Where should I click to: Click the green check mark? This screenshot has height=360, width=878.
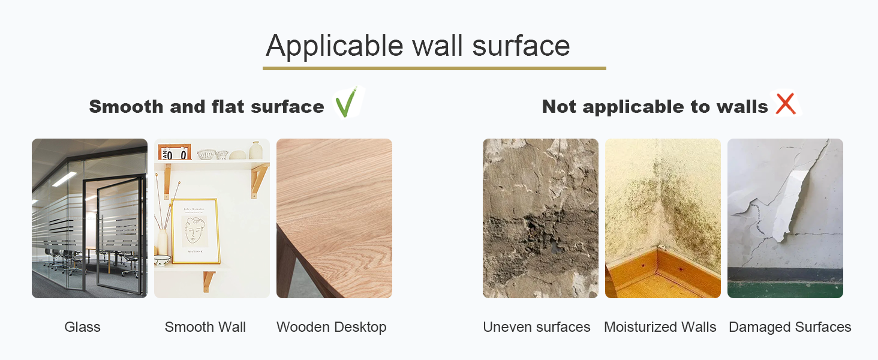pyautogui.click(x=345, y=103)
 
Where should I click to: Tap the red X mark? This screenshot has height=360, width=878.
pyautogui.click(x=786, y=104)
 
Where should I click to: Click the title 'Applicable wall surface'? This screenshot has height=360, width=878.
pyautogui.click(x=417, y=46)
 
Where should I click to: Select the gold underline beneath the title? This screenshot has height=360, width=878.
pyautogui.click(x=434, y=68)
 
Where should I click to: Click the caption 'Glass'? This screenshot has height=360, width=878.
pyautogui.click(x=82, y=327)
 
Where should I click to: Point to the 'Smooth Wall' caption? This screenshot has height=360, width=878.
pyautogui.click(x=205, y=327)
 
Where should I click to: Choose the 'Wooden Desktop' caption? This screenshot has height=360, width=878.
pyautogui.click(x=331, y=327)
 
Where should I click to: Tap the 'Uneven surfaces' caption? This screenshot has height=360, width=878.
pyautogui.click(x=536, y=327)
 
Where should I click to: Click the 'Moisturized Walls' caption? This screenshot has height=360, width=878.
pyautogui.click(x=660, y=327)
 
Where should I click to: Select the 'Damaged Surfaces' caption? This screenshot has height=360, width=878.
pyautogui.click(x=790, y=327)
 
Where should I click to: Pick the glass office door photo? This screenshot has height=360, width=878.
pyautogui.click(x=89, y=218)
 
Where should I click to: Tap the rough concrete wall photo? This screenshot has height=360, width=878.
pyautogui.click(x=540, y=218)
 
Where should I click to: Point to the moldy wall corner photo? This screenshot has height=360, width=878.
pyautogui.click(x=663, y=198)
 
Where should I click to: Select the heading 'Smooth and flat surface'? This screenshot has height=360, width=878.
pyautogui.click(x=206, y=107)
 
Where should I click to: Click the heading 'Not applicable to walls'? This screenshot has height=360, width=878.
pyautogui.click(x=654, y=107)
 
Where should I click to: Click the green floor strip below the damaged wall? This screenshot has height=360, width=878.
pyautogui.click(x=785, y=290)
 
